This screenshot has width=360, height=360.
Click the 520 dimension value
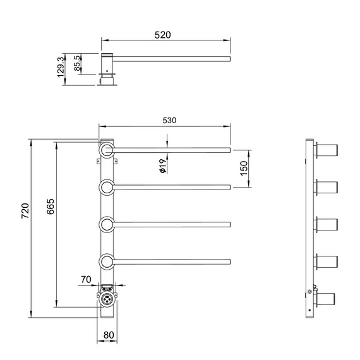tap(163, 35)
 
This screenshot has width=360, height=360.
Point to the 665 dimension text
tap(51, 207)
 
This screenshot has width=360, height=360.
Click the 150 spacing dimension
tap(244, 169)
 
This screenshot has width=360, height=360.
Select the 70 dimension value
tap(87, 279)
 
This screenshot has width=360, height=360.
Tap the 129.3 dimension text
tap(61, 66)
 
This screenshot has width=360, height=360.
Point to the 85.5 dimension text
tap(76, 64)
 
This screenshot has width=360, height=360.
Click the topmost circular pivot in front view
tap(106, 150)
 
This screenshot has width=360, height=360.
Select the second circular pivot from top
tap(106, 187)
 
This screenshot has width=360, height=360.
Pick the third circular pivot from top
tap(106, 224)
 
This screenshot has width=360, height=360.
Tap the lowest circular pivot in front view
tap(106, 261)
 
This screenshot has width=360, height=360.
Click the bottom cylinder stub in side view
tap(328, 298)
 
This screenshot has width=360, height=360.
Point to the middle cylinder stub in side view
tap(328, 224)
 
